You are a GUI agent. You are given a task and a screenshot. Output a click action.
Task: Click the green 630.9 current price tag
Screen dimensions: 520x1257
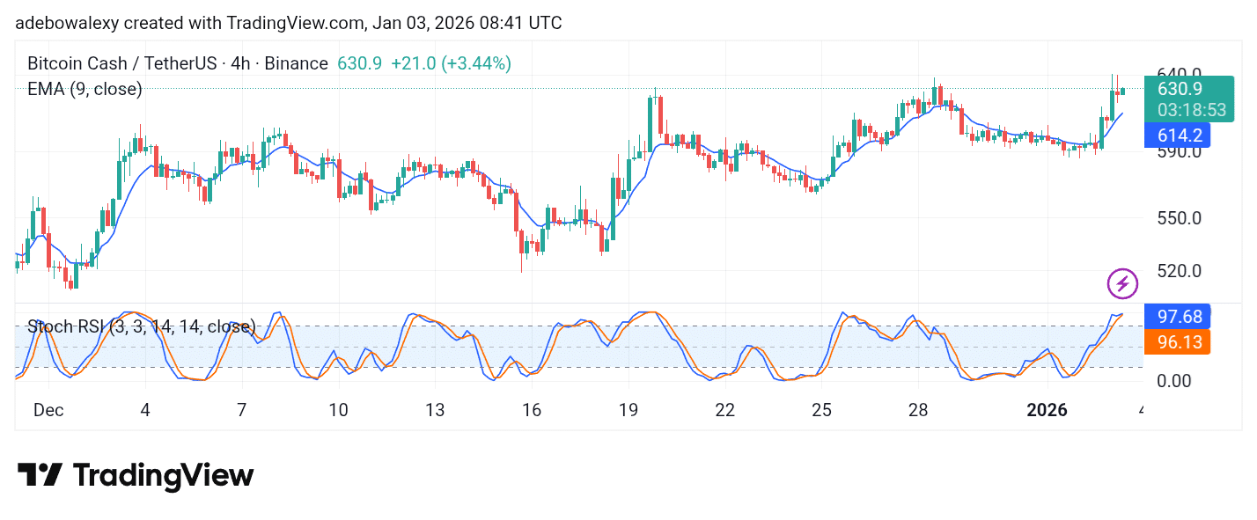click(1177, 89)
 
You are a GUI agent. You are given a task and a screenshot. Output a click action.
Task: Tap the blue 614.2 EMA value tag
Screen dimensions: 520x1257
click(1177, 135)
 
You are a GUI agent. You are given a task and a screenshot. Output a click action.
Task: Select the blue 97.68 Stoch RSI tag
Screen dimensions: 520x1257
click(1177, 316)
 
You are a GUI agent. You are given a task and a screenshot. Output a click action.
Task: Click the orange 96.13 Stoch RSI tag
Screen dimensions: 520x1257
click(1177, 342)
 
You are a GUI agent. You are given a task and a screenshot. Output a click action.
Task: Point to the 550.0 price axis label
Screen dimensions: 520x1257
click(1178, 217)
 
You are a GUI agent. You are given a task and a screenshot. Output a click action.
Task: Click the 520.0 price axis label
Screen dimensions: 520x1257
click(1178, 271)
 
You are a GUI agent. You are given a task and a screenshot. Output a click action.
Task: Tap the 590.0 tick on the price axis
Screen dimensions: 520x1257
click(1178, 152)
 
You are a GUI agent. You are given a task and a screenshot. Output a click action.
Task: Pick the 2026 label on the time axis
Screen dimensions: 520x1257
click(1047, 410)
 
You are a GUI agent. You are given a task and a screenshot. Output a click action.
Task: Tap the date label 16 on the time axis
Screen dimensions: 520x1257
click(531, 410)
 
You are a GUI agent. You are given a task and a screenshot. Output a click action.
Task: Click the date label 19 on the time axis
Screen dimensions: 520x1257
click(628, 410)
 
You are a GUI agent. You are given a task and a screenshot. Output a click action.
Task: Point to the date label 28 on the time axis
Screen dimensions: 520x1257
click(917, 410)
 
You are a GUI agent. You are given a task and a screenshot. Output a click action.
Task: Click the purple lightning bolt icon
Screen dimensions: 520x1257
click(1121, 283)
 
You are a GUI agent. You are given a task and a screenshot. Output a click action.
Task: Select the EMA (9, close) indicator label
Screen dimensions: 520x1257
click(85, 88)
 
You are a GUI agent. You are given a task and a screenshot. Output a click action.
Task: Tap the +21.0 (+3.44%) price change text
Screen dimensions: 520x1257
click(451, 63)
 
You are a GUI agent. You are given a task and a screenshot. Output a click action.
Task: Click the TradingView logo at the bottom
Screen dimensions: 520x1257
click(136, 476)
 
